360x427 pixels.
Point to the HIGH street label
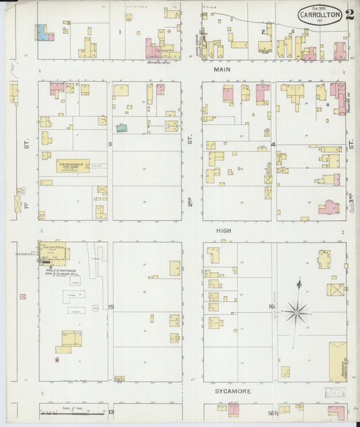point(223,231)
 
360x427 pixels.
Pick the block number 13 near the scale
point(111,411)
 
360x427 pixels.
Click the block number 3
point(109,145)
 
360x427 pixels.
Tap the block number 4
point(273,145)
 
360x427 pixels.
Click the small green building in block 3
point(121,127)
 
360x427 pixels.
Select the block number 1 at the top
point(120,32)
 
